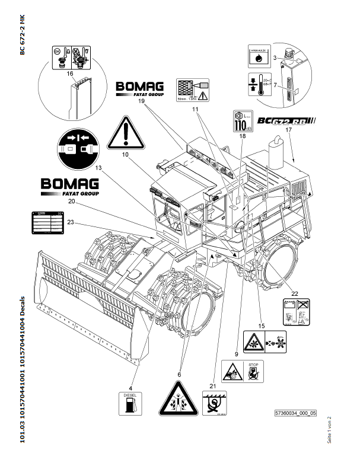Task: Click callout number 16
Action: click(69, 74)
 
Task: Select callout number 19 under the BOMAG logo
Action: click(142, 101)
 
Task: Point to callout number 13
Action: click(98, 168)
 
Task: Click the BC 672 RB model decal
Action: click(286, 122)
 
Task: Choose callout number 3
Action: click(275, 58)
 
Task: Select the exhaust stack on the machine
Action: click(275, 146)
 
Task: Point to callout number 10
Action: click(126, 155)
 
